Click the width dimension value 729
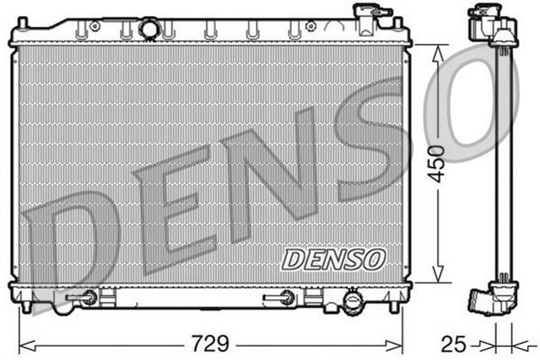(x=212, y=344)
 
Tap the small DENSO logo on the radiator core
(x=332, y=259)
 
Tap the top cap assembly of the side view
(x=493, y=25)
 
